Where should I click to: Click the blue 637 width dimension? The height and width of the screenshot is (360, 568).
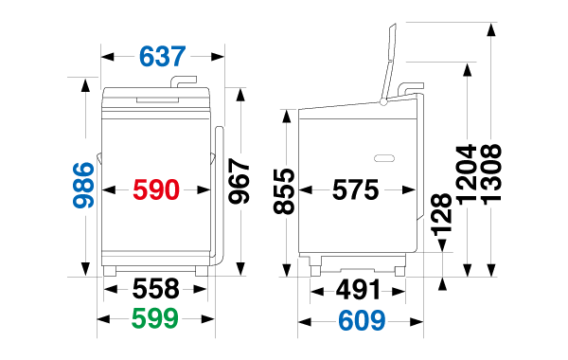point(162,57)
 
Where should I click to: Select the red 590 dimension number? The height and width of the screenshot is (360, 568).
point(156,189)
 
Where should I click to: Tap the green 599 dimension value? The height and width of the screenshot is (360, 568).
point(155,318)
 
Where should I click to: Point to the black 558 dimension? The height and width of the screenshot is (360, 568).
point(156,289)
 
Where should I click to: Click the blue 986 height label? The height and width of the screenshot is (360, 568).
point(83,186)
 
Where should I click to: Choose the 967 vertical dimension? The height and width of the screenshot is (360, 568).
point(240,181)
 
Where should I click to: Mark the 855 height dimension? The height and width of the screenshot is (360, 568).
point(284,191)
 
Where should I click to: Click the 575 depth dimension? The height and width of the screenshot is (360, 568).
point(355,189)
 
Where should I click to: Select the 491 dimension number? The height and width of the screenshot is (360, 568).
point(358,290)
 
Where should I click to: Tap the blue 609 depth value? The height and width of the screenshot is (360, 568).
point(362,320)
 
